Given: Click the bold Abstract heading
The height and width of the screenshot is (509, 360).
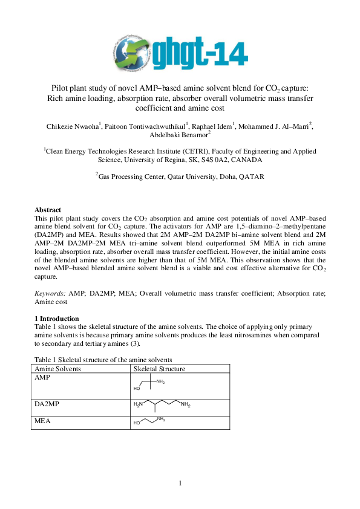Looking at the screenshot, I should pyautogui.click(x=48, y=210).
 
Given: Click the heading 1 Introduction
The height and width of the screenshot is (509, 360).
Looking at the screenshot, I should pyautogui.click(x=61, y=319).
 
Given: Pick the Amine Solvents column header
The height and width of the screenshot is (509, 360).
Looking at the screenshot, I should pyautogui.click(x=57, y=368).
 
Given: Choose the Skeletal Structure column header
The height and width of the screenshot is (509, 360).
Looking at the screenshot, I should pyautogui.click(x=159, y=368).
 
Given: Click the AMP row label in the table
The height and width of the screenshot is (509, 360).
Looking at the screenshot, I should pyautogui.click(x=42, y=377).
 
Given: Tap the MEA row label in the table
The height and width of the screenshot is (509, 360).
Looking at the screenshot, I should pyautogui.click(x=42, y=417).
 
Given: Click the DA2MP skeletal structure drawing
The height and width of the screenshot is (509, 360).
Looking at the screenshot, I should pyautogui.click(x=162, y=406).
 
